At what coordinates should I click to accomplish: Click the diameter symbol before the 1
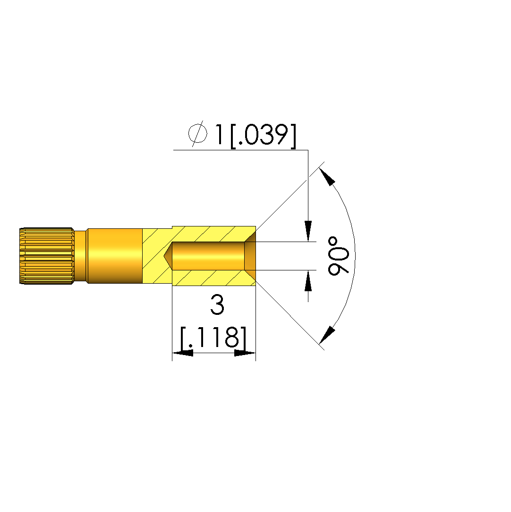coord(197,133)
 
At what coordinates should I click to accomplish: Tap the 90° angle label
coord(339,256)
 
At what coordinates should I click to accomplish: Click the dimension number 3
coord(217,304)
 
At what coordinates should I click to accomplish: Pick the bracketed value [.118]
coord(213,338)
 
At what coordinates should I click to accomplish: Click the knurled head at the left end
coord(47,256)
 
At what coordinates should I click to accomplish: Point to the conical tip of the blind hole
coord(168,256)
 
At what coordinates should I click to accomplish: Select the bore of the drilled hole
coord(208,256)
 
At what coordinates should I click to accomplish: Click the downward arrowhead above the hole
coord(308,231)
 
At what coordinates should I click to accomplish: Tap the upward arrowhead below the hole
coord(308,281)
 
